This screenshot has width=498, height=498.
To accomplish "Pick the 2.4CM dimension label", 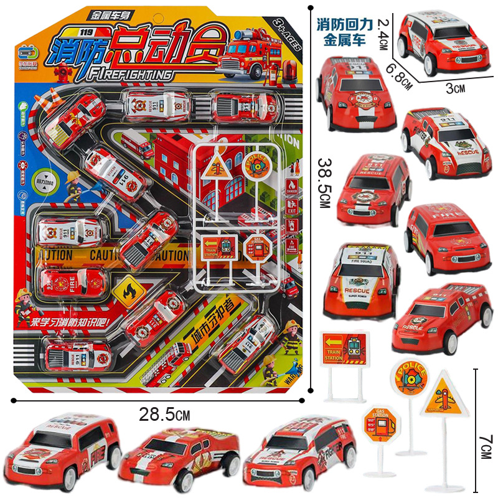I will click(x=384, y=34).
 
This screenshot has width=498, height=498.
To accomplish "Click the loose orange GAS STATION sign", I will click(x=380, y=425).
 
